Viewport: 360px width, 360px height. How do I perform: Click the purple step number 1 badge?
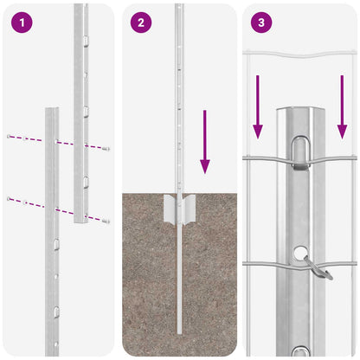pyautogui.click(x=20, y=22)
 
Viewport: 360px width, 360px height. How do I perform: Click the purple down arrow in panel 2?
pyautogui.click(x=205, y=138)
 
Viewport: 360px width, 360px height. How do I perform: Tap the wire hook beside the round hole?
pyautogui.click(x=321, y=272)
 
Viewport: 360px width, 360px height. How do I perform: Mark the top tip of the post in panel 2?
pyautogui.click(x=178, y=7)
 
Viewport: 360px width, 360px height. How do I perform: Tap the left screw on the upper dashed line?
pyautogui.click(x=8, y=137)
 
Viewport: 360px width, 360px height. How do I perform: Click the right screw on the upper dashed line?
pyautogui.click(x=106, y=149)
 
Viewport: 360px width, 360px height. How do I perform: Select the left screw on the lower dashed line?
pyautogui.click(x=9, y=199)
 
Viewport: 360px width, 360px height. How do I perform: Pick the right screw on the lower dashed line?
pyautogui.click(x=106, y=222)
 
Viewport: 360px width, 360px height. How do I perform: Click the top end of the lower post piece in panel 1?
pyautogui.click(x=52, y=111)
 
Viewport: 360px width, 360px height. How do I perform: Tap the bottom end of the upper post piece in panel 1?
pyautogui.click(x=80, y=221)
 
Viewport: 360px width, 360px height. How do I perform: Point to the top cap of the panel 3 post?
pyautogui.click(x=299, y=113)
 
